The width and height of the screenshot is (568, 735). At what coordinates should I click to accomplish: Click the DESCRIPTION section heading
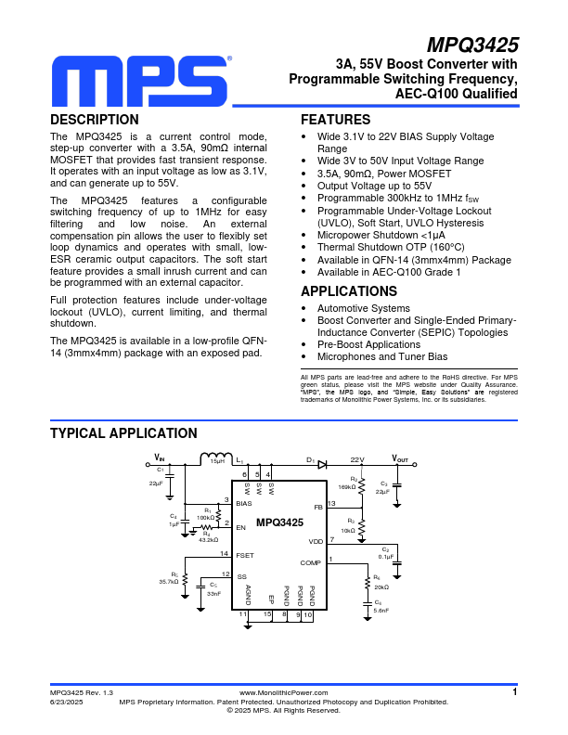(95, 120)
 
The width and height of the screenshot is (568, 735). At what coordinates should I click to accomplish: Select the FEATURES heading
(335, 120)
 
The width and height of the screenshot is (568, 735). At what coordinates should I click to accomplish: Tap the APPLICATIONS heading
(348, 291)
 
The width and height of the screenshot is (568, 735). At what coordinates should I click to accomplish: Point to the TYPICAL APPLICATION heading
(123, 433)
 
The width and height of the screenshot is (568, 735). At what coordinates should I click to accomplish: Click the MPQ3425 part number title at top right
(472, 45)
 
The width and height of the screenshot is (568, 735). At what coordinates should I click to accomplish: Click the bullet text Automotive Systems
(364, 308)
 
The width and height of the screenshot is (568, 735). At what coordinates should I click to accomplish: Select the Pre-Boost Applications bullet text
(368, 344)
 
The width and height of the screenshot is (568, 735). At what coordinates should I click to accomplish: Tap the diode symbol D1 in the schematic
(321, 463)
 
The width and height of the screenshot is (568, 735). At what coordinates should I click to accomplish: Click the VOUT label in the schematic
(400, 458)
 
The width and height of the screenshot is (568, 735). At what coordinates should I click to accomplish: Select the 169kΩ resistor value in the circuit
(347, 486)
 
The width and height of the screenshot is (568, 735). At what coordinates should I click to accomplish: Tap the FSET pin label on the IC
(244, 555)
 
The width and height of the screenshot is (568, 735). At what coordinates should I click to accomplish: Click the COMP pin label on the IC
(310, 563)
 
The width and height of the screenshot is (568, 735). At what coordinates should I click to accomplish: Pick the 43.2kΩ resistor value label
(208, 538)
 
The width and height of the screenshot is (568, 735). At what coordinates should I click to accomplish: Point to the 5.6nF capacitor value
(381, 610)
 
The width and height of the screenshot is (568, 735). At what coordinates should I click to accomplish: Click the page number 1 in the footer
(513, 691)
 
